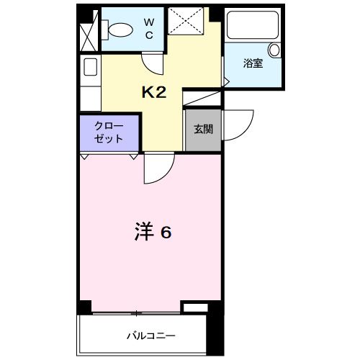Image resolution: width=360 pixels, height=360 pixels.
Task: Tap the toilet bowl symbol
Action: click(x=117, y=30)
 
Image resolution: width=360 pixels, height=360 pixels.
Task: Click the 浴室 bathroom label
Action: click(x=253, y=64)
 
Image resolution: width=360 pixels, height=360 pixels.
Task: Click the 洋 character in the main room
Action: click(x=144, y=233)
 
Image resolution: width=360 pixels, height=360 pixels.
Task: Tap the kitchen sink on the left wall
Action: click(x=91, y=68)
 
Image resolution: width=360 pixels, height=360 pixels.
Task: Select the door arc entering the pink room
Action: click(x=156, y=170)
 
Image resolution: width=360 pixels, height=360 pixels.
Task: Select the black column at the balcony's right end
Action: click(x=213, y=331)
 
